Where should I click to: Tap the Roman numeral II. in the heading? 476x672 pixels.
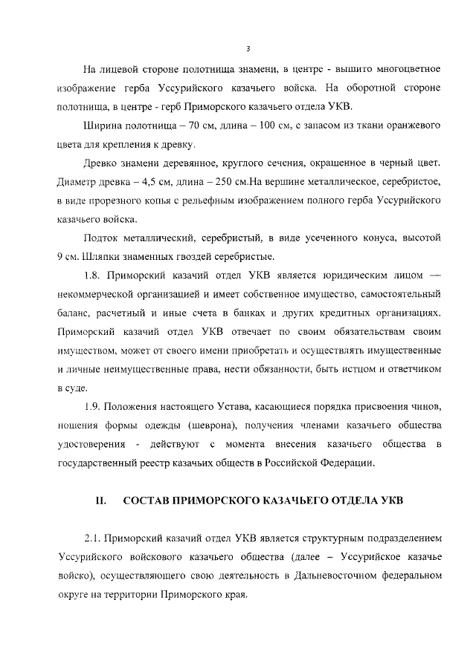[103, 500]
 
